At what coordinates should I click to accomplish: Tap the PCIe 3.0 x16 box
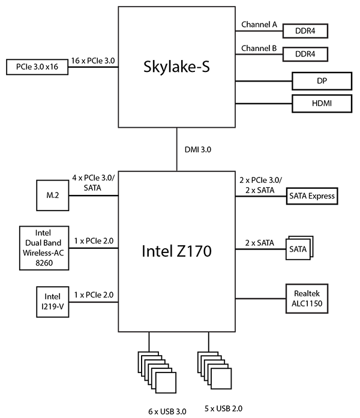(x=36, y=66)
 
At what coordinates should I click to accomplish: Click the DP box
(x=322, y=81)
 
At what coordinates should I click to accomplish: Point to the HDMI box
(x=322, y=103)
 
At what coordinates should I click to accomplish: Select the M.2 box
(x=52, y=196)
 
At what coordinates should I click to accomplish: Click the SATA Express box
(x=312, y=196)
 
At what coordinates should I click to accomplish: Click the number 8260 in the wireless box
(x=52, y=263)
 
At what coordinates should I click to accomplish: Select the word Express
(x=323, y=196)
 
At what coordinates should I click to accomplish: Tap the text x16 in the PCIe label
(x=56, y=66)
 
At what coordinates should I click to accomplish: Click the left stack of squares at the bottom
(x=158, y=370)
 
